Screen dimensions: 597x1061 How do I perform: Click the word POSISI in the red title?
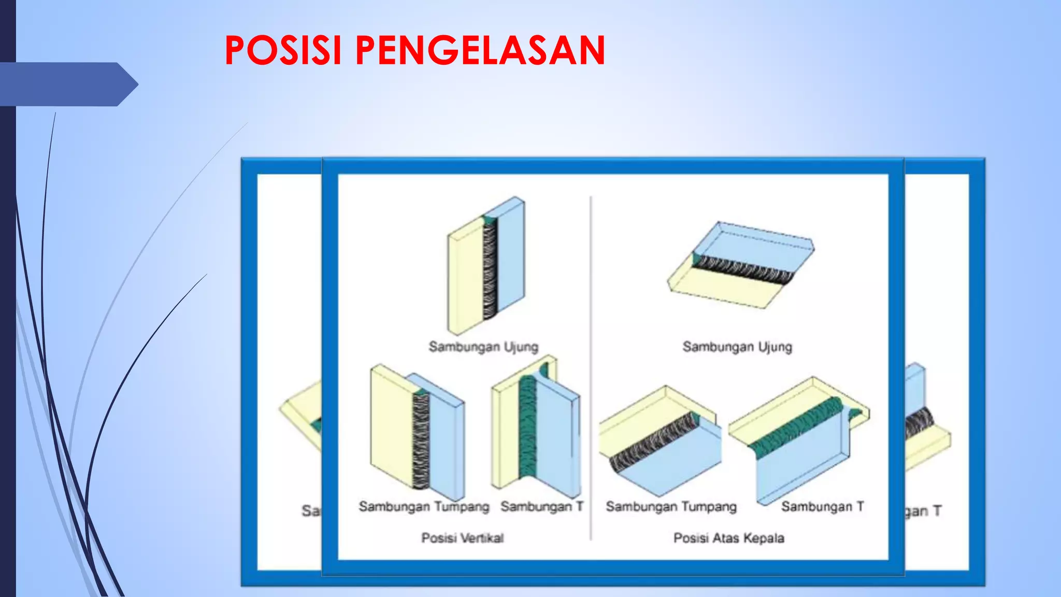(283, 50)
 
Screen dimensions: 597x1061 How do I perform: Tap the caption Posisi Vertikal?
(462, 538)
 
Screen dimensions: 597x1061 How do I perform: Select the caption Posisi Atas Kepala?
(728, 538)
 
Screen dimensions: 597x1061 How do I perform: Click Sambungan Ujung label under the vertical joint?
(483, 346)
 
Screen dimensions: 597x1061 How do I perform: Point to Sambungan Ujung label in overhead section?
(737, 346)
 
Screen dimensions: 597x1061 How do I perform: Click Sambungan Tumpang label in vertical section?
(424, 506)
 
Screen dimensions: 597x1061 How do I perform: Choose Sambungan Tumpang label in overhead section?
(671, 506)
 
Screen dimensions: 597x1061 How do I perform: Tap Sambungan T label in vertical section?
(542, 506)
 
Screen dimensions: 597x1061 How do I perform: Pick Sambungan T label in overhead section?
(822, 506)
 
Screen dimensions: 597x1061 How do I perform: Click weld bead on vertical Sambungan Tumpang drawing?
(421, 440)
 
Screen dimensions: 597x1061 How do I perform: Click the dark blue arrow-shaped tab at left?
(67, 84)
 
